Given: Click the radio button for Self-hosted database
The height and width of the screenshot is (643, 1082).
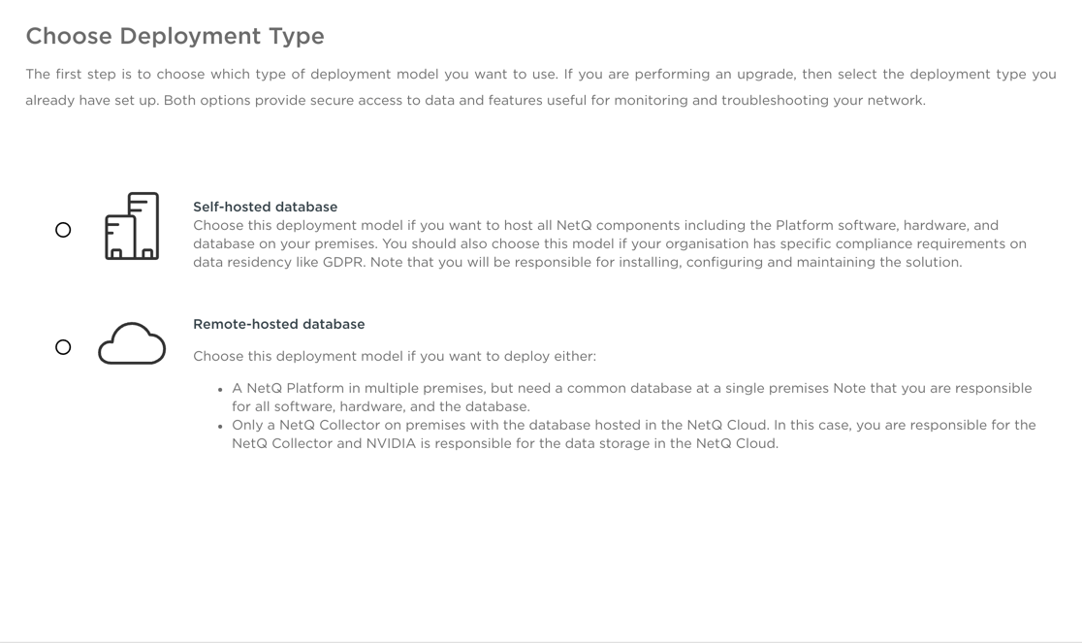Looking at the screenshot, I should coord(63,230).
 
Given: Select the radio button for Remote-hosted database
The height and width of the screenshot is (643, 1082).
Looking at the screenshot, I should coord(63,347).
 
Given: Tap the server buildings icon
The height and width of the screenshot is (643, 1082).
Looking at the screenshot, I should coord(132,226).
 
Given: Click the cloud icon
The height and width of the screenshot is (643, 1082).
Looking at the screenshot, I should coord(132,344).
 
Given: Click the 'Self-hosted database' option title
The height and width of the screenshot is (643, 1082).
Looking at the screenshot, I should coord(265,207).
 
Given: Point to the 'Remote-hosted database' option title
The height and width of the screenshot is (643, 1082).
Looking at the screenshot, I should coord(278,324).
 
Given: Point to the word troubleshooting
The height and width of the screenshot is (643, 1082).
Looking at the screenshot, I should coord(779,100).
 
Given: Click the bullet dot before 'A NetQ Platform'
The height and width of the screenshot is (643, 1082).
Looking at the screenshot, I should coord(221,389).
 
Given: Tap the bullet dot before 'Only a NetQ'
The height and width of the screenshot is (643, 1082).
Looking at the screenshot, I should coord(221,426).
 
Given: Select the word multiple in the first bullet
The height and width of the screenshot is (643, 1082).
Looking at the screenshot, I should coord(391,388).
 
